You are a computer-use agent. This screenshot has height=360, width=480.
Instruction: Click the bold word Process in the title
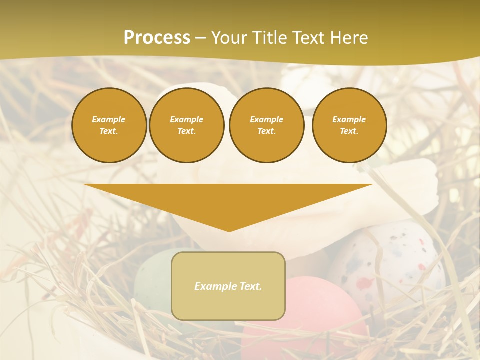click(x=157, y=38)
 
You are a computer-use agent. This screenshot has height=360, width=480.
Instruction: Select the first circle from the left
click(x=109, y=125)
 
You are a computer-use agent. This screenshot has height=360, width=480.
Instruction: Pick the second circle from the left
click(x=186, y=125)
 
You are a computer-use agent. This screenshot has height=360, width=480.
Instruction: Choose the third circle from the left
click(x=266, y=125)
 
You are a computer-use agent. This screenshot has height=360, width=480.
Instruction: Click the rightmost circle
click(x=349, y=125)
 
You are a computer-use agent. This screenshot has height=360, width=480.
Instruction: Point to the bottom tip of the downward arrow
click(x=229, y=231)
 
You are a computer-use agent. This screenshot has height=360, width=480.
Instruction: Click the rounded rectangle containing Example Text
click(x=228, y=286)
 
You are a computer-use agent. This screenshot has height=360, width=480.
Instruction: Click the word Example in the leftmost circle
click(x=109, y=120)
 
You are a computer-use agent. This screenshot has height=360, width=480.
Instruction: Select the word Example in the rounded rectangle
click(x=216, y=286)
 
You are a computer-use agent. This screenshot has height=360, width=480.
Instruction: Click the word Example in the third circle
click(x=266, y=120)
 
